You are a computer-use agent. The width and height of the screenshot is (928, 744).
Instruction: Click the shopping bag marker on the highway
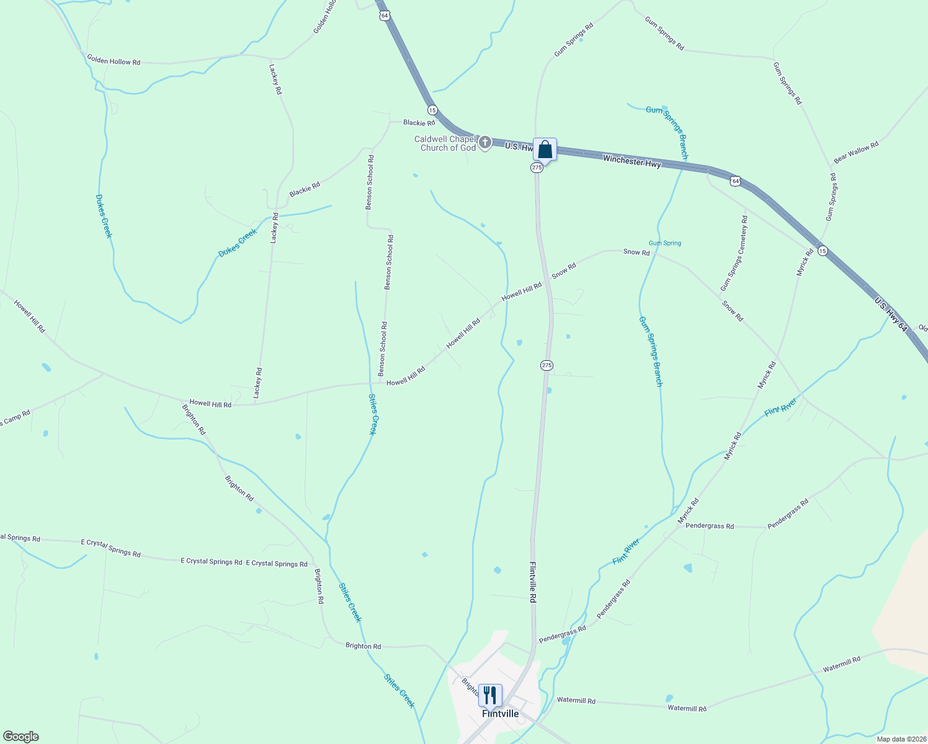click(545, 150)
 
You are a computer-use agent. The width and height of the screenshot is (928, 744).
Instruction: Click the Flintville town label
click(500, 714)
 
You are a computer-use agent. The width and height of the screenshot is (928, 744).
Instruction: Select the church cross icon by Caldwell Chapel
click(485, 143)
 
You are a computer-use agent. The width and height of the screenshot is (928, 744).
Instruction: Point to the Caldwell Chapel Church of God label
click(446, 143)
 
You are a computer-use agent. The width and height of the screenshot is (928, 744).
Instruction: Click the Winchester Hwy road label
click(631, 162)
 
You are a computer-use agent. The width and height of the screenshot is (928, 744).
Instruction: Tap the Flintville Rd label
click(532, 582)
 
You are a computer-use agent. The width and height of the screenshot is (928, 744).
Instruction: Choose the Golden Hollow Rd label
click(114, 61)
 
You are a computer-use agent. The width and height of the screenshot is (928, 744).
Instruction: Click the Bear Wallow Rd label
click(856, 153)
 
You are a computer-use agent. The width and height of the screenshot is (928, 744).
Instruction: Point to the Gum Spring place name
click(665, 243)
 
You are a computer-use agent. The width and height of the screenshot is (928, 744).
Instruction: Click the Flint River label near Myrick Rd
click(780, 407)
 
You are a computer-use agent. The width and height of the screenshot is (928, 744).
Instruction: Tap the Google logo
click(20, 737)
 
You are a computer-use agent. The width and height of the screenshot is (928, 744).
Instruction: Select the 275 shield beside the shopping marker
click(537, 168)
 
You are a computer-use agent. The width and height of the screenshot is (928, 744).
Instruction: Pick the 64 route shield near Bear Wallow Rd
click(735, 181)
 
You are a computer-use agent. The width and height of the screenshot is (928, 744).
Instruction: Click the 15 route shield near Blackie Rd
click(432, 110)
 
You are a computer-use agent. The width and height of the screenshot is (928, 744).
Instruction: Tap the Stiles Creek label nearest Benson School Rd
click(372, 414)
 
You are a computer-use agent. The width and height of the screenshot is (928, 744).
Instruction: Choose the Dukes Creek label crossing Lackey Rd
click(238, 243)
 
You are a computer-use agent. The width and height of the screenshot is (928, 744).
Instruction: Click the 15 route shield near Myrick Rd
click(822, 250)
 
